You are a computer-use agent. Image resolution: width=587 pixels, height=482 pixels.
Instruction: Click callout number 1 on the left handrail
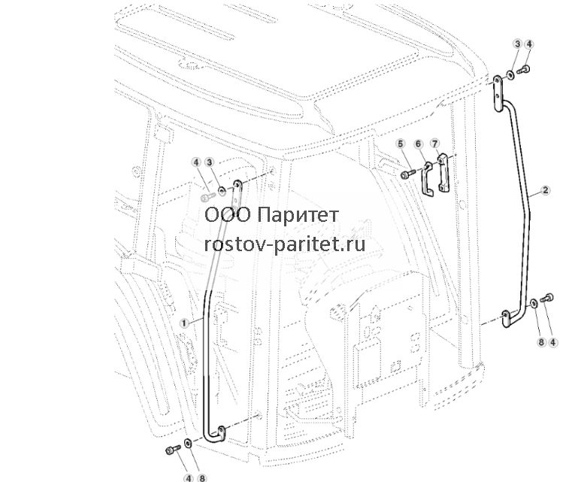(x=183, y=323)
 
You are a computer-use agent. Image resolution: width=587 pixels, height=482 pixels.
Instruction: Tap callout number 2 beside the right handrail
(x=546, y=190)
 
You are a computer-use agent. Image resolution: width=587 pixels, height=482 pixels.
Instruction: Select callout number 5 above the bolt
(x=401, y=144)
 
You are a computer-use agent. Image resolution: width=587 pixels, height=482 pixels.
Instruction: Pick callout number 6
(x=418, y=144)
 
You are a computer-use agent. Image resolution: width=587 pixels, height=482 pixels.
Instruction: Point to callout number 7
(x=434, y=144)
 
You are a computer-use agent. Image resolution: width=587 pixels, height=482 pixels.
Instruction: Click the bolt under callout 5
(x=407, y=174)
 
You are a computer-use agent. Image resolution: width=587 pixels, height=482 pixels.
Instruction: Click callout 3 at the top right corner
(x=517, y=44)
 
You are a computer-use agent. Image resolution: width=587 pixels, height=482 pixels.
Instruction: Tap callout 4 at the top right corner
(x=528, y=44)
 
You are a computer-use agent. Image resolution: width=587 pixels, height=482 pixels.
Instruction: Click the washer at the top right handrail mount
(x=510, y=74)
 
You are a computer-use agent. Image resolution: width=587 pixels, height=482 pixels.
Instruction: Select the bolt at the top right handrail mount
(x=523, y=69)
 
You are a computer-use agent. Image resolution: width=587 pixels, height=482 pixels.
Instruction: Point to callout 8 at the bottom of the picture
(x=201, y=478)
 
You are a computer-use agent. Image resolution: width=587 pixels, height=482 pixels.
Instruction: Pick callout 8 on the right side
(x=540, y=342)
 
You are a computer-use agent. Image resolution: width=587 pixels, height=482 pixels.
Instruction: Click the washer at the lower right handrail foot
(x=534, y=303)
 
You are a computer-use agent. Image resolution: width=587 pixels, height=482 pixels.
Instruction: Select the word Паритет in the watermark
(x=298, y=215)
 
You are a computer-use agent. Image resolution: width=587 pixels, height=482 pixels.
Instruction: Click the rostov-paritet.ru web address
(x=285, y=244)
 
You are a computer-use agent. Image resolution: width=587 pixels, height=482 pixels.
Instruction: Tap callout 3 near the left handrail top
(x=209, y=162)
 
